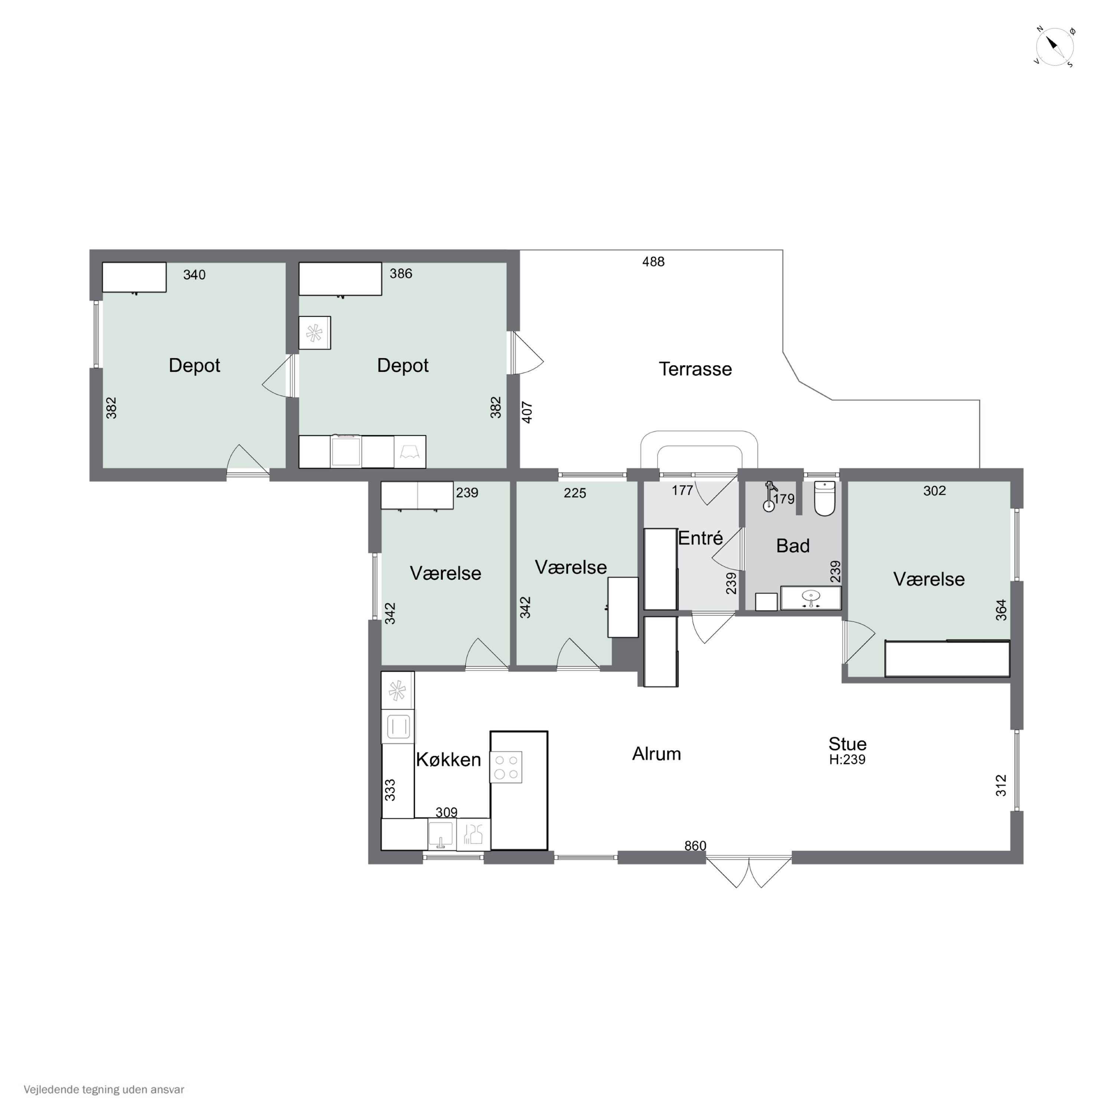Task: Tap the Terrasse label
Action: (x=695, y=369)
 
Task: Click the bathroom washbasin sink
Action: (x=811, y=598)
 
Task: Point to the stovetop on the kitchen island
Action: (x=506, y=767)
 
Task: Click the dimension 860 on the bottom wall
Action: (x=695, y=846)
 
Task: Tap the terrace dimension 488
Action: (x=653, y=262)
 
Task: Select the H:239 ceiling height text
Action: (x=847, y=759)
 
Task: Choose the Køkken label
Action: (x=448, y=759)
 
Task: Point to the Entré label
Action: (x=700, y=538)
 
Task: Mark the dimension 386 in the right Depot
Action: (x=401, y=274)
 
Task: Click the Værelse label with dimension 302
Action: (x=929, y=579)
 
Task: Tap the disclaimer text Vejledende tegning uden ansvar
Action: (x=104, y=1089)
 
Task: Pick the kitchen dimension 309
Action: (x=446, y=812)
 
